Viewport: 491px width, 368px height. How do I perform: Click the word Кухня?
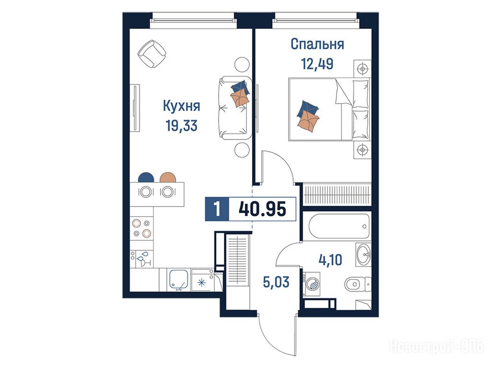click(x=182, y=106)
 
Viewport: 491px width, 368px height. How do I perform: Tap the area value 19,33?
click(x=182, y=126)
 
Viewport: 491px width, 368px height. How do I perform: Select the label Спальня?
click(x=317, y=44)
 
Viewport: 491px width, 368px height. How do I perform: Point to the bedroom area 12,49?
click(x=317, y=64)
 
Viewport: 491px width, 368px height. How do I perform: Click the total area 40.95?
click(x=262, y=209)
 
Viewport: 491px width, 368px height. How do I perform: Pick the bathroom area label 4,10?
click(x=330, y=260)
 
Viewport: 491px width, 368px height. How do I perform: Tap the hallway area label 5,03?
click(x=276, y=282)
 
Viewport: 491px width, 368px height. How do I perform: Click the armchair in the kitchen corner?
click(x=152, y=54)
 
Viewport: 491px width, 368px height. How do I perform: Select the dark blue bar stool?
click(x=146, y=177)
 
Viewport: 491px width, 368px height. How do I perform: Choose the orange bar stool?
click(x=168, y=177)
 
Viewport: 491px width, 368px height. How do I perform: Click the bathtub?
click(x=339, y=226)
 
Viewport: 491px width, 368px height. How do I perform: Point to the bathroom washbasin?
click(x=363, y=254)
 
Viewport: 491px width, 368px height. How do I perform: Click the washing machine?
click(x=312, y=284)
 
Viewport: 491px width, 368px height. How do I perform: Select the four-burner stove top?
click(x=142, y=228)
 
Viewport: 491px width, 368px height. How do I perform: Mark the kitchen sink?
click(x=179, y=279)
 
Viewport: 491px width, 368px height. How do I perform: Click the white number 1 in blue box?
click(x=217, y=209)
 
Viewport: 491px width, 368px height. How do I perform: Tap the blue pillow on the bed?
click(x=308, y=109)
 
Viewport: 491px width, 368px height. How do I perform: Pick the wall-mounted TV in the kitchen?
click(x=135, y=108)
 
